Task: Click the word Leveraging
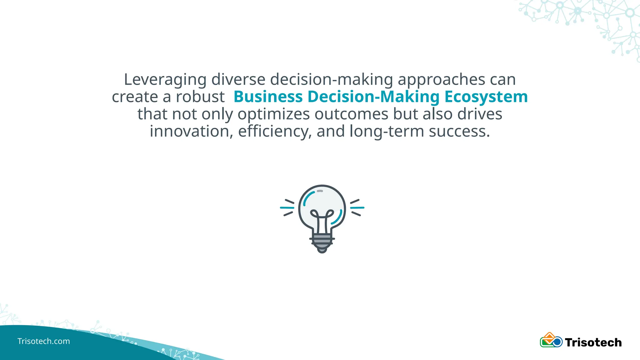[165, 80]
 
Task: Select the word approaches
[441, 80]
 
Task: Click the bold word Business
[268, 97]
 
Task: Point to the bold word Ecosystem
[486, 97]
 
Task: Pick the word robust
[200, 97]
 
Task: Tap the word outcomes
[351, 114]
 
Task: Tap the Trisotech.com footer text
[44, 341]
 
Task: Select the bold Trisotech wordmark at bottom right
[593, 342]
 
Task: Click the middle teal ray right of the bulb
[357, 207]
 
